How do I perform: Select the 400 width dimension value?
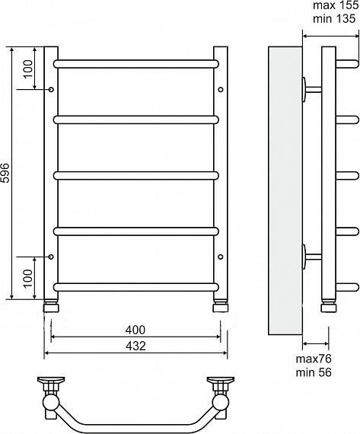[135, 330]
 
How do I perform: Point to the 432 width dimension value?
[135, 346]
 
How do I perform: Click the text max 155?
[335, 7]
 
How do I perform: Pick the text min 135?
[335, 21]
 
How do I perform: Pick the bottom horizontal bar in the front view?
[137, 287]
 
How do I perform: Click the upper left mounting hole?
[51, 90]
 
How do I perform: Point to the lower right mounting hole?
[221, 257]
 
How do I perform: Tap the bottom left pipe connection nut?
[51, 308]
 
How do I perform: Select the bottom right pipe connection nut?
[220, 308]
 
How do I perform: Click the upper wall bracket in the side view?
[311, 88]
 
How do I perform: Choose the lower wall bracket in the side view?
[311, 257]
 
